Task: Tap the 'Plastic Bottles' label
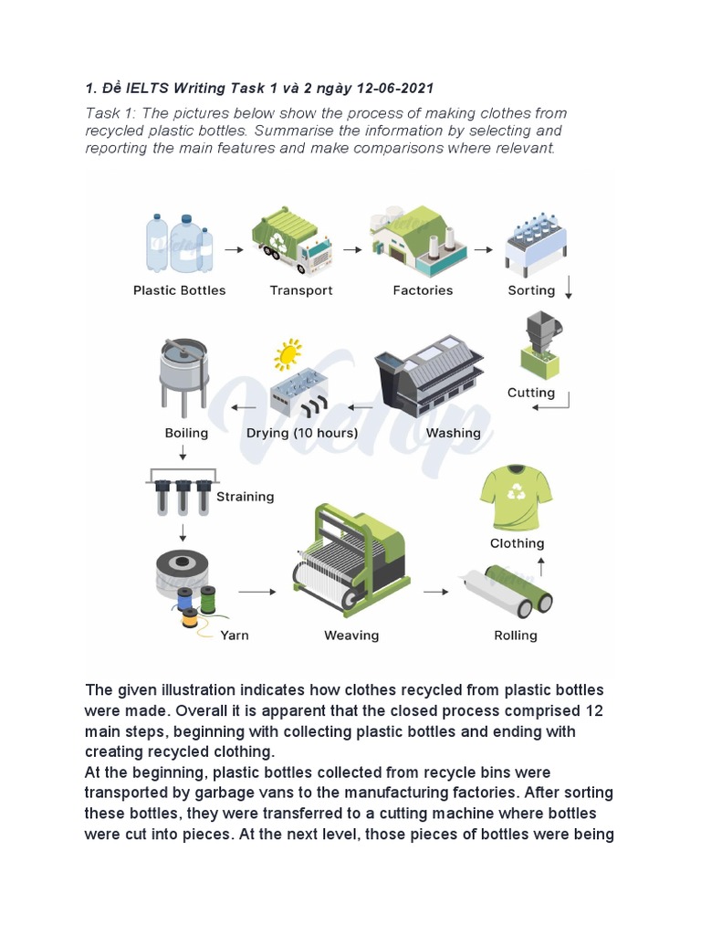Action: click(x=180, y=290)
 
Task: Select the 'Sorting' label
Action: click(x=531, y=290)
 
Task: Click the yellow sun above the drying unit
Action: click(x=288, y=353)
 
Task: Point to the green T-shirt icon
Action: click(x=516, y=499)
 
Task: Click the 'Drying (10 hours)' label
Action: click(x=302, y=433)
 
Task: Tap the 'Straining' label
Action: click(x=245, y=497)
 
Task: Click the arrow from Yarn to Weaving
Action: click(x=256, y=592)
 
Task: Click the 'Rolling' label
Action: click(x=516, y=636)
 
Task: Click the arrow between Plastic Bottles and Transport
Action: click(x=234, y=248)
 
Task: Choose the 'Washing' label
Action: click(x=453, y=433)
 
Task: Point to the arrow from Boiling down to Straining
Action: click(x=183, y=453)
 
